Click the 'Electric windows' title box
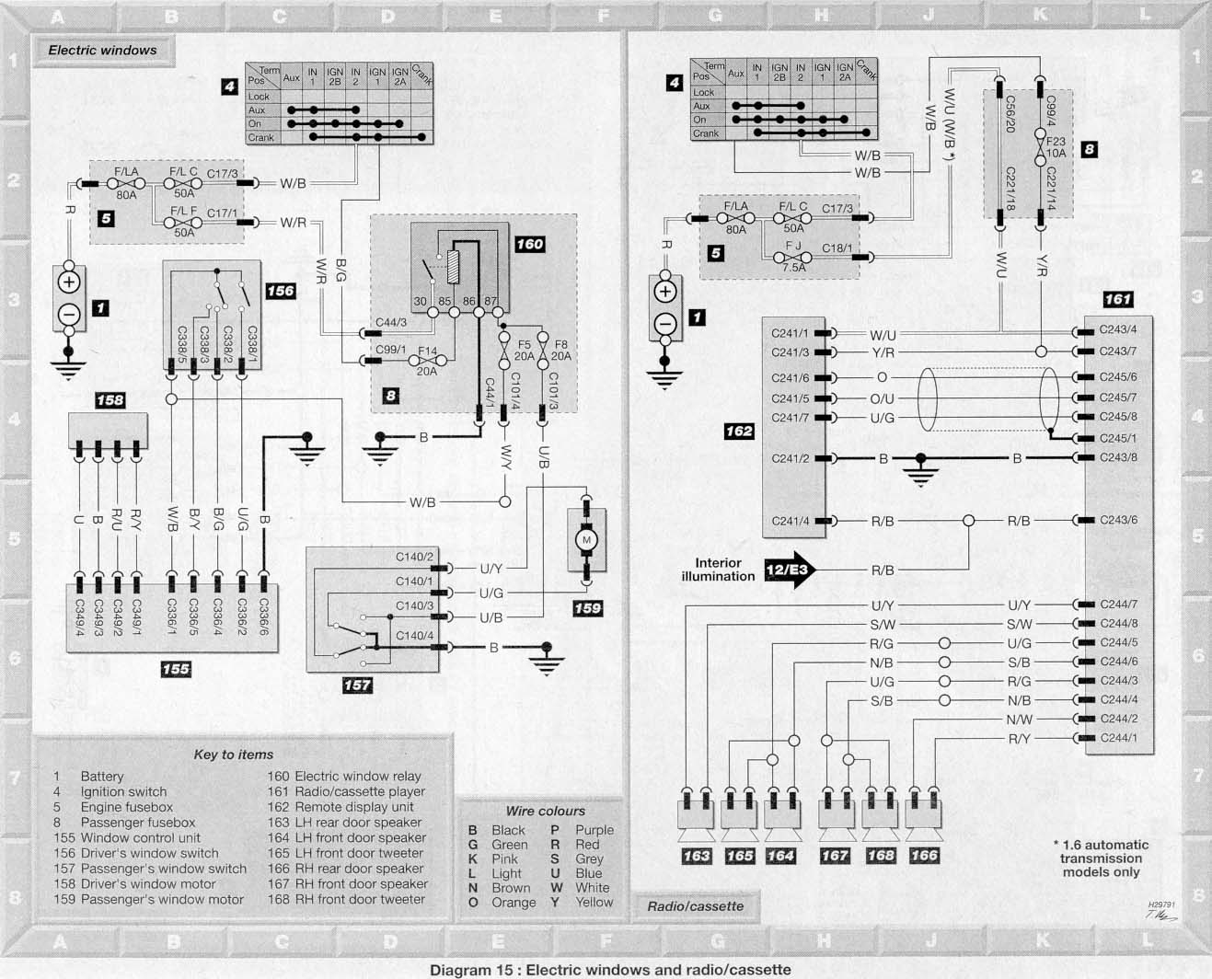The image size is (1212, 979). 103,50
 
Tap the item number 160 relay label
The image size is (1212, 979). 530,244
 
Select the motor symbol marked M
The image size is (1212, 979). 586,539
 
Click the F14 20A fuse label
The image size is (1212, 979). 427,361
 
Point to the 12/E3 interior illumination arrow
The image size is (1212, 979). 790,570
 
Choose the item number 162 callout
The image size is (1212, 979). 739,432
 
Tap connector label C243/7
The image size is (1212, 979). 1117,351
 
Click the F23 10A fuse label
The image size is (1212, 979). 1056,147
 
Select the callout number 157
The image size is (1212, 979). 357,685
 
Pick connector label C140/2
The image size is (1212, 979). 414,557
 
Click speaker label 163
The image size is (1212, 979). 697,856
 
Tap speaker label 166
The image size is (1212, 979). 924,855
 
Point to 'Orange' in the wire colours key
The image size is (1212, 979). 514,903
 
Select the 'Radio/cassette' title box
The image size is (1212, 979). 696,906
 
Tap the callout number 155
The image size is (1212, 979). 176,669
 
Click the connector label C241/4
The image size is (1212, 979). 790,521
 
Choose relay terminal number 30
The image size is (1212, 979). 420,301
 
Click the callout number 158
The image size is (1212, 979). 110,400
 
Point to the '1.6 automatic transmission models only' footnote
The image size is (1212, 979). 1101,858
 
